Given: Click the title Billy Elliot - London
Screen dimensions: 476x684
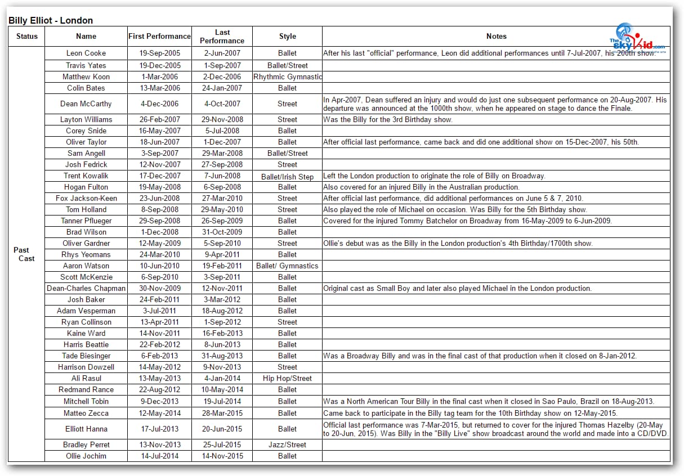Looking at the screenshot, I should (x=51, y=20).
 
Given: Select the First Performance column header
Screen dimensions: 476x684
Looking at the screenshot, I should (x=159, y=36).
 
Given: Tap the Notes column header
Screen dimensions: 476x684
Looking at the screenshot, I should (x=496, y=36).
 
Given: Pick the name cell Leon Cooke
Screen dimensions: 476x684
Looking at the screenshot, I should (x=86, y=53).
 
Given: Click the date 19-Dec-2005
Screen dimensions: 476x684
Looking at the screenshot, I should (x=159, y=65).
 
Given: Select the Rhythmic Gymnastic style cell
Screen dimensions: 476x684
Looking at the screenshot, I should (x=287, y=77).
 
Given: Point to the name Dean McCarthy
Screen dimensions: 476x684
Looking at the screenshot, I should (x=86, y=104).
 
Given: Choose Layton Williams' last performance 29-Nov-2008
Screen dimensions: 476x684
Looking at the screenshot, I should (x=222, y=119).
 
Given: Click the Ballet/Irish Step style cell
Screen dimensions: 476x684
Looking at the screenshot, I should (x=287, y=176).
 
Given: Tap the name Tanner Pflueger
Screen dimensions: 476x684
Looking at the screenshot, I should (x=86, y=221).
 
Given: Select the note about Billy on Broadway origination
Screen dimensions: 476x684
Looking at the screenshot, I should (x=433, y=176).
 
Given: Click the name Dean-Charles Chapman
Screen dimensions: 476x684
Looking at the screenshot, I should (x=86, y=288).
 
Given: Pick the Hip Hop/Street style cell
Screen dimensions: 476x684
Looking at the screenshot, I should (x=287, y=378).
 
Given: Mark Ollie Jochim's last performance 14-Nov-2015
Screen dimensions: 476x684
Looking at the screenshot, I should (x=222, y=456).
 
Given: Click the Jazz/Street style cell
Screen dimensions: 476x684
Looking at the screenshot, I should (x=287, y=444).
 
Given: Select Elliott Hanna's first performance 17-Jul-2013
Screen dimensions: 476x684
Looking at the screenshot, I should (x=159, y=429).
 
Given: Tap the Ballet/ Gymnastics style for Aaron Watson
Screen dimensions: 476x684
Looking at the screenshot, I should (x=287, y=266).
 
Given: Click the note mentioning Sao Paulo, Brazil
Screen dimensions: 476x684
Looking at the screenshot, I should (x=488, y=401).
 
